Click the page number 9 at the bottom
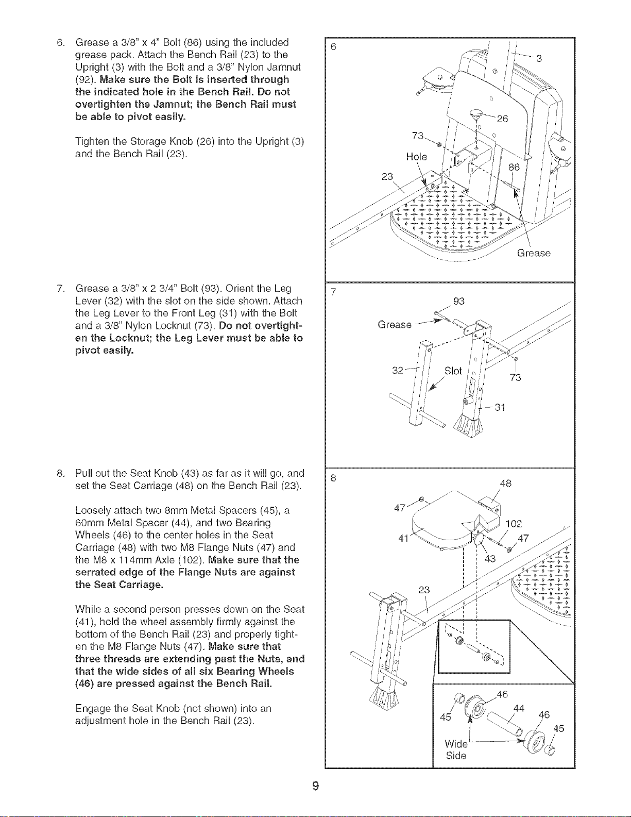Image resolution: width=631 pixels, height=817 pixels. pyautogui.click(x=315, y=786)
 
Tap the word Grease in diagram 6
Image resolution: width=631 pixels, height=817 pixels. pyautogui.click(x=534, y=253)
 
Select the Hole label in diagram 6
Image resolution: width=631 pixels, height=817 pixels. pyautogui.click(x=417, y=157)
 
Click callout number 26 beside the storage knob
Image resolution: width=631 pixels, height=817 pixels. pyautogui.click(x=502, y=119)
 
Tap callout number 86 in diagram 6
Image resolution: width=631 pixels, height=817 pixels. pyautogui.click(x=514, y=167)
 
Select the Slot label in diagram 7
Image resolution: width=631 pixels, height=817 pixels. pyautogui.click(x=453, y=371)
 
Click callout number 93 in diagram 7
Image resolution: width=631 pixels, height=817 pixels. pyautogui.click(x=459, y=301)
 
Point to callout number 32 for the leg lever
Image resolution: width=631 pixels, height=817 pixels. pyautogui.click(x=397, y=371)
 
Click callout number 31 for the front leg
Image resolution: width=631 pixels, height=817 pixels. pyautogui.click(x=500, y=407)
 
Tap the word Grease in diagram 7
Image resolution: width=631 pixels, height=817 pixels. pyautogui.click(x=395, y=324)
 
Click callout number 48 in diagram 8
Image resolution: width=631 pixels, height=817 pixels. pyautogui.click(x=506, y=483)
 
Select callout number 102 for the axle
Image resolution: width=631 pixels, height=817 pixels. pyautogui.click(x=514, y=524)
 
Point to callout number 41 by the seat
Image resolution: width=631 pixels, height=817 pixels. pyautogui.click(x=403, y=539)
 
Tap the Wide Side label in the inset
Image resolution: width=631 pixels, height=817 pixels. pyautogui.click(x=456, y=749)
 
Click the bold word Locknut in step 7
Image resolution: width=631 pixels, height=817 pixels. pyautogui.click(x=130, y=338)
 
